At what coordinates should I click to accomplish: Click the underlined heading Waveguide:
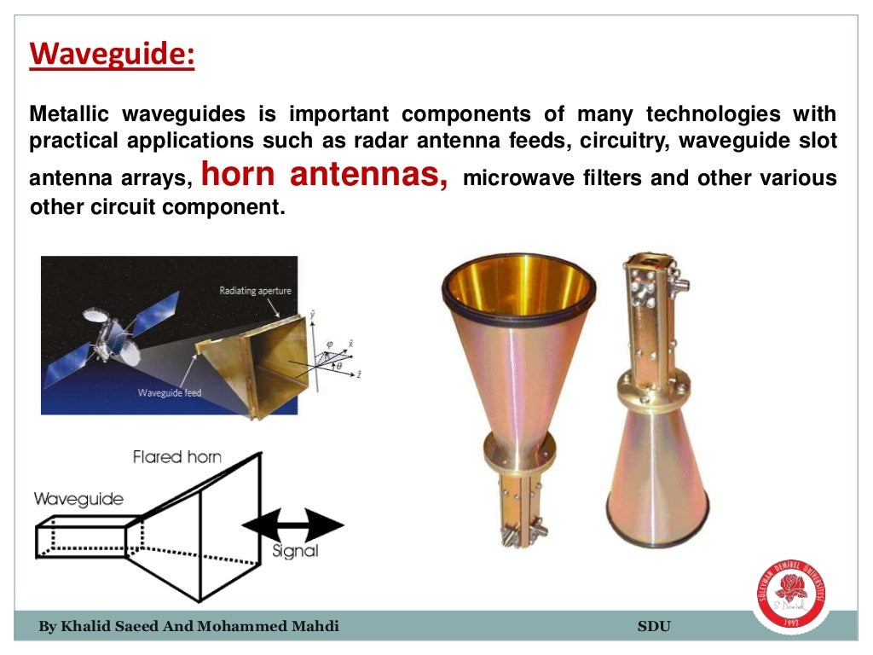click(113, 57)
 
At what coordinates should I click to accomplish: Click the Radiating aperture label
click(255, 291)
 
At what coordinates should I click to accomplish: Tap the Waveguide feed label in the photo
click(171, 393)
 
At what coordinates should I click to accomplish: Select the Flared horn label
click(176, 457)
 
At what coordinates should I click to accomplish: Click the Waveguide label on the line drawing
click(78, 499)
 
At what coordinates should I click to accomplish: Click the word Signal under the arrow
click(295, 551)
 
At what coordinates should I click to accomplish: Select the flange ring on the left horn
click(519, 451)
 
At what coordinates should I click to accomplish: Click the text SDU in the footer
click(654, 627)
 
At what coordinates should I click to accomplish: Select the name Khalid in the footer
click(87, 627)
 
